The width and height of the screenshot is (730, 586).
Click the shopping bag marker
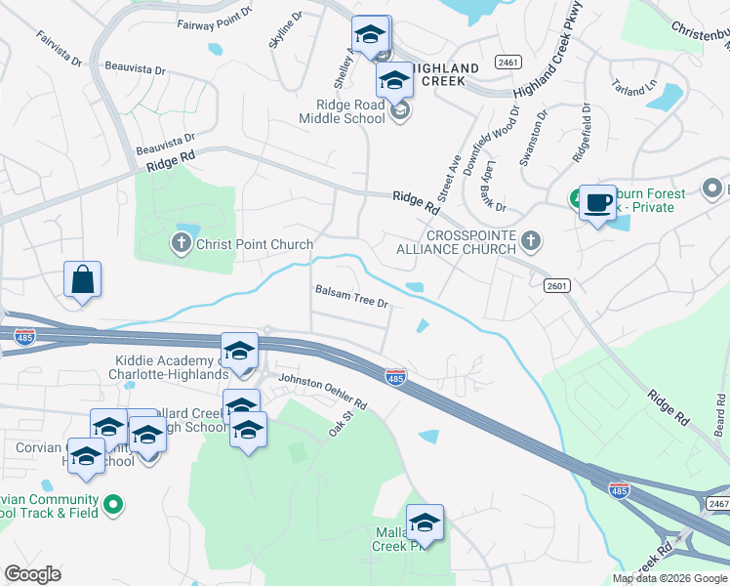point(83,279)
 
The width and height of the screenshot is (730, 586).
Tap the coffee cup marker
point(597,202)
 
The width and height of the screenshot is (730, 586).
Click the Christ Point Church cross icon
point(182,244)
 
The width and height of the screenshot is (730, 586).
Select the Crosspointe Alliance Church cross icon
point(530,239)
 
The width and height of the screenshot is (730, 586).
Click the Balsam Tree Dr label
point(351,296)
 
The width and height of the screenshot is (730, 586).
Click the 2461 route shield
point(507,62)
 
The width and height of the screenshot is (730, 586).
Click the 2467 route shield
point(717,503)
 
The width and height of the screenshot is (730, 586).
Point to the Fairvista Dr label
point(60,47)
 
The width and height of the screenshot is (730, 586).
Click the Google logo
point(32,574)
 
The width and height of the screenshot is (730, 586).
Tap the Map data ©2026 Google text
point(669,578)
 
